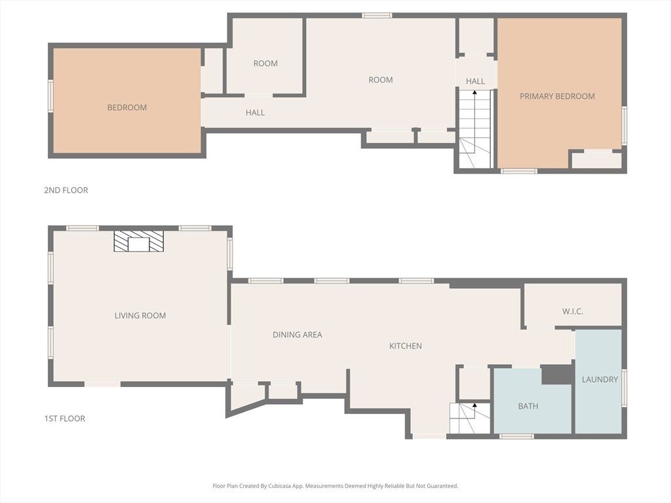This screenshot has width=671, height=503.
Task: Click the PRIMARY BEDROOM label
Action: (557, 96)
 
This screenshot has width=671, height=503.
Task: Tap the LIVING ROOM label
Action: (140, 316)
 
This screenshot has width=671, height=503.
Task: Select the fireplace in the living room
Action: (139, 241)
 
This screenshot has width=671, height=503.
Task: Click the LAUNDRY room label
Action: (600, 379)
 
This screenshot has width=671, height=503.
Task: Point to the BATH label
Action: (528, 406)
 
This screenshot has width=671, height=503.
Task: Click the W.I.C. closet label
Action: (573, 311)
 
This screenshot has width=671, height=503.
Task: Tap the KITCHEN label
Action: (406, 346)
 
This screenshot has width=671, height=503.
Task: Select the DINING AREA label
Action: (297, 335)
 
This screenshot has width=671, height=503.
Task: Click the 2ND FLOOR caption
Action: (66, 190)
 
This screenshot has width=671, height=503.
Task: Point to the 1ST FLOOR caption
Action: (65, 419)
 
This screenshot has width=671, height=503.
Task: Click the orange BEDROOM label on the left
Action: (127, 107)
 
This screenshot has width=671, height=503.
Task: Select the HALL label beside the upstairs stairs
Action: (476, 81)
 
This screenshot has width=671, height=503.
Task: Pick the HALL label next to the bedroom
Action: (255, 113)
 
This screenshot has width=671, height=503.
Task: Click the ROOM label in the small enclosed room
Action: (265, 64)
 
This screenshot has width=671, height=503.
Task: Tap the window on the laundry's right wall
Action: (624, 388)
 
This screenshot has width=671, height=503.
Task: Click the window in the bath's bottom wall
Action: (516, 436)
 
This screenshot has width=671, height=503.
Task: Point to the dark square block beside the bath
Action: (557, 375)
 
